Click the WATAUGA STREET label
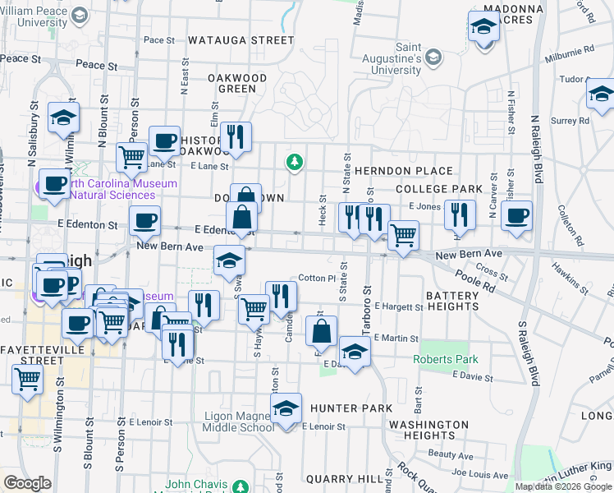tap(241, 39)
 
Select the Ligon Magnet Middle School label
tap(239, 422)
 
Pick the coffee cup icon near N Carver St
tap(516, 216)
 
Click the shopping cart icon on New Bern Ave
tap(402, 236)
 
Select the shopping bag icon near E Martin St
tap(322, 332)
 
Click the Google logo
tap(27, 483)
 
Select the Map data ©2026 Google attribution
tap(564, 486)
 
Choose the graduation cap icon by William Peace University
tap(80, 15)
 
